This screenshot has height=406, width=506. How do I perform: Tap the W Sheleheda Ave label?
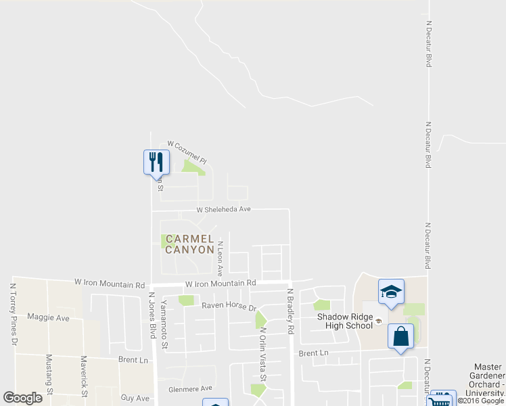[224, 210]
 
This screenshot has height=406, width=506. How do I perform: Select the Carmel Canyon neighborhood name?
[190, 244]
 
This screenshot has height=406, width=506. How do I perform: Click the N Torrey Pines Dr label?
[13, 315]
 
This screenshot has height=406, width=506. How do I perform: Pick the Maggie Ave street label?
[49, 317]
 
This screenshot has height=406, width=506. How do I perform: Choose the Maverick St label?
[84, 376]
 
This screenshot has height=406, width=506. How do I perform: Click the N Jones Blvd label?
[154, 315]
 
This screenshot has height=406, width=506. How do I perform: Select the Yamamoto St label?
[164, 326]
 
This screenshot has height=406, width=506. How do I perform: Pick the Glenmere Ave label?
[190, 388]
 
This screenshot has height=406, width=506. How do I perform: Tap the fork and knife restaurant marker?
[157, 161]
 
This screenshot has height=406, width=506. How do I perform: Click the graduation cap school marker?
[391, 291]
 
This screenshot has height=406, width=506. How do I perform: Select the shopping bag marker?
[400, 336]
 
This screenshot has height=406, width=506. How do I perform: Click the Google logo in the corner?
[22, 398]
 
